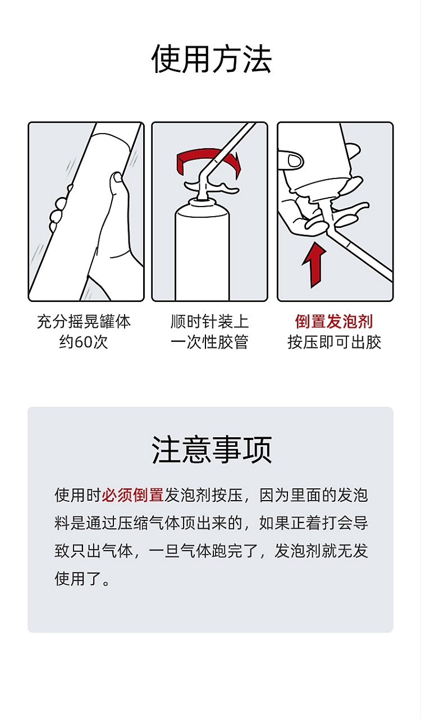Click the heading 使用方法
coord(211,59)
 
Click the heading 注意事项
coord(211,450)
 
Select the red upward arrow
coord(313,265)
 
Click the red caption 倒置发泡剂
coord(334,322)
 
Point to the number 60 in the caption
coord(83,342)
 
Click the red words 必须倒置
coord(133,495)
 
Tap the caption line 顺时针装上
coord(209,322)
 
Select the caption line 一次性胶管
coord(209,342)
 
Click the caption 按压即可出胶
coord(334,342)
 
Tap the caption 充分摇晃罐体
coord(84,322)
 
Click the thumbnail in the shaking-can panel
coord(117,177)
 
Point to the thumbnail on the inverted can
coord(295,161)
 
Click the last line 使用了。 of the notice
coord(82,579)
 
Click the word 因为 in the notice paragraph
coord(274,495)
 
